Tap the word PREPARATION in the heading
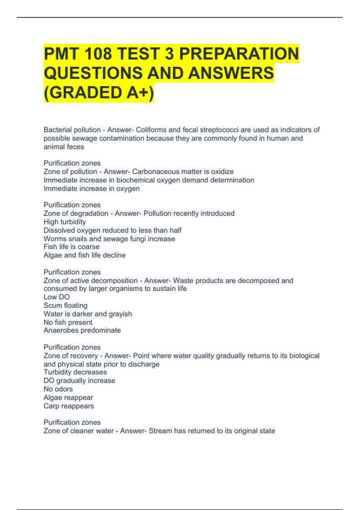coord(239,54)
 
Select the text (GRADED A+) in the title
coord(99,92)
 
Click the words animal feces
coord(64,147)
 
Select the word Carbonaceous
coord(155,172)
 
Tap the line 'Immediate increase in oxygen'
coord(91,189)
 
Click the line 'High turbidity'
coord(65,222)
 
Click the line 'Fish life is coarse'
coord(71,247)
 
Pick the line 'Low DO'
coord(57,297)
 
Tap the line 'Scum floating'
coord(65,305)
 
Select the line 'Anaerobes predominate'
coord(82,330)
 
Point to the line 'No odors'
coord(58,389)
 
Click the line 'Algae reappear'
coord(68,397)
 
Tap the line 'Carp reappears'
coord(69,406)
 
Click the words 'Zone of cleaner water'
coord(79,431)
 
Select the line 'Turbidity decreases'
coord(75,372)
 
